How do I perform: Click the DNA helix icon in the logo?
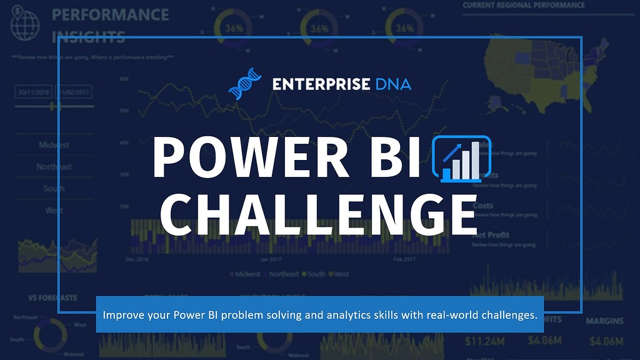(x=244, y=84)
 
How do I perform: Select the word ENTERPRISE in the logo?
(x=321, y=84)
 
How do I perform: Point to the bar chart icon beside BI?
(x=462, y=159)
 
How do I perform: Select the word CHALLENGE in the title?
(x=319, y=214)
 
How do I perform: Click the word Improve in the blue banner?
(x=122, y=315)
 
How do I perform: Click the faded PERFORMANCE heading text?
(x=110, y=14)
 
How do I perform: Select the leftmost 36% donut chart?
(x=234, y=29)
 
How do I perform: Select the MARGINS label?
(x=604, y=321)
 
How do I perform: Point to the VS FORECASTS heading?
(x=52, y=297)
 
